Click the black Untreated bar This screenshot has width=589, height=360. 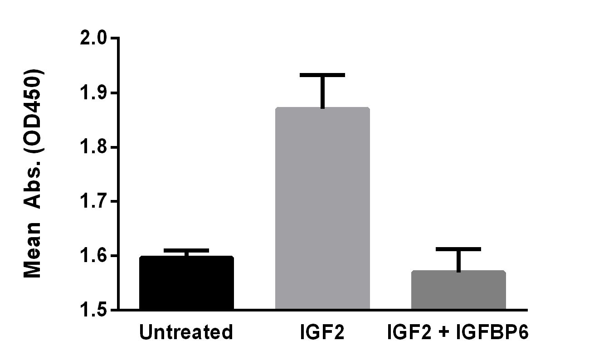click(186, 282)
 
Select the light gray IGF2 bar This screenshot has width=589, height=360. click(322, 208)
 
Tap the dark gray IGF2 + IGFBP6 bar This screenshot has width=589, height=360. click(458, 290)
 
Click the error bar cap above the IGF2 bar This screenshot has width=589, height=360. click(322, 75)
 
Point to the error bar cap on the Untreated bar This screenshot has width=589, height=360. click(186, 250)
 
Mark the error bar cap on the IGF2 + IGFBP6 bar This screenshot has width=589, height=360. click(458, 249)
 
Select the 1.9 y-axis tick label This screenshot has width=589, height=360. click(93, 92)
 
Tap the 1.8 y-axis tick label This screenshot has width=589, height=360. click(93, 147)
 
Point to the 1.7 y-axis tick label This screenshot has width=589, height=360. click(93, 201)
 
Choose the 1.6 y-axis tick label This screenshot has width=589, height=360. click(93, 255)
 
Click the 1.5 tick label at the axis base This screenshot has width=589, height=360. click(93, 310)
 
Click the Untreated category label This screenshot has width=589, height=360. click(186, 332)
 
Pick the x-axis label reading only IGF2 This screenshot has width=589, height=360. click(322, 332)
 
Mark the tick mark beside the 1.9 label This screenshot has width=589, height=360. click(114, 93)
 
